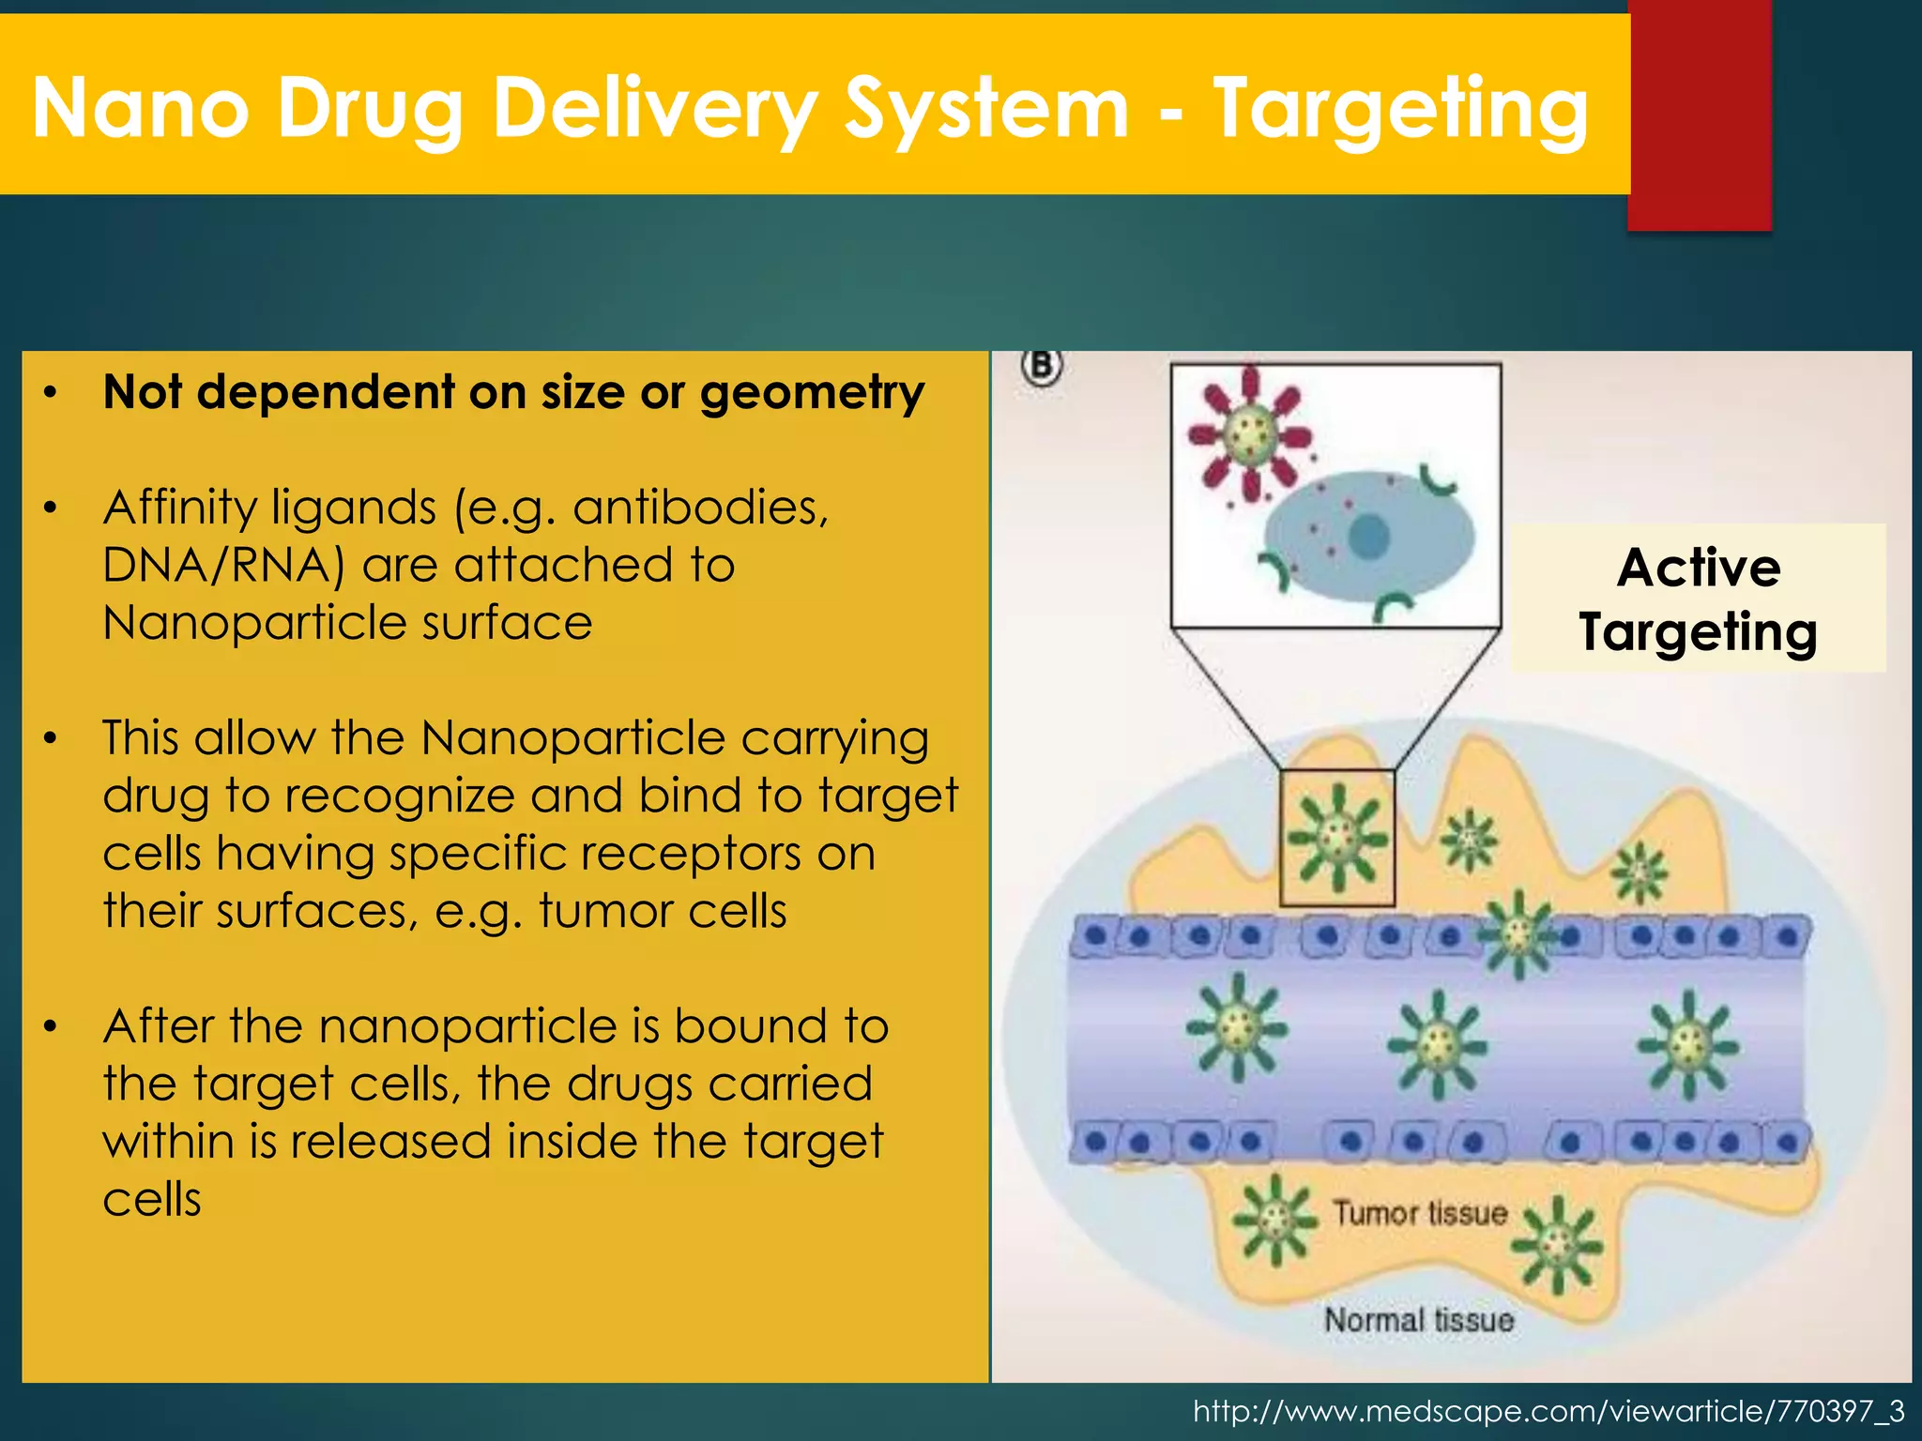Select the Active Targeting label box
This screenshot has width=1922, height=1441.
pos(1698,599)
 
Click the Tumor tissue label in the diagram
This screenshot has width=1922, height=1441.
pos(1420,1213)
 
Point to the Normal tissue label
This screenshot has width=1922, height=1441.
pos(1419,1320)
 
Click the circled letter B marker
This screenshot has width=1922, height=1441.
pos(1042,366)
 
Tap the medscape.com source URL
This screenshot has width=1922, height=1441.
pos(1548,1411)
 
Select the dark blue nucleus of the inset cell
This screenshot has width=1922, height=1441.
pos(1369,538)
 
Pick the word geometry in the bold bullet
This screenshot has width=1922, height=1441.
pos(812,392)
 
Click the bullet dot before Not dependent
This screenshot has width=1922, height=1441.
pos(52,391)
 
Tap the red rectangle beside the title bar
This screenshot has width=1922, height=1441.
pos(1700,113)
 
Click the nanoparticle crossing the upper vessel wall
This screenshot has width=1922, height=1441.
pos(1518,933)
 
